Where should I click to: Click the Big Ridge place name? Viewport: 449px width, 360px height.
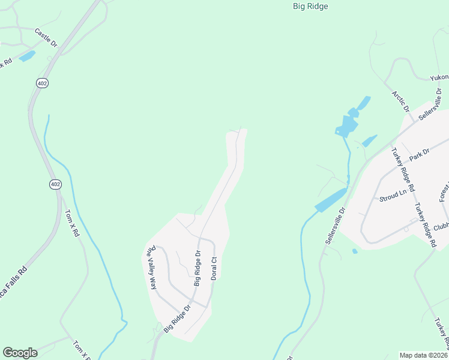(x=310, y=7)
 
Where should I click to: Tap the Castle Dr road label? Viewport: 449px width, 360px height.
(x=46, y=37)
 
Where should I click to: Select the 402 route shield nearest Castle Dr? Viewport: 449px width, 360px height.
(x=41, y=82)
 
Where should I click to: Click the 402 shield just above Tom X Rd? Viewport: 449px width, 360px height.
(x=55, y=184)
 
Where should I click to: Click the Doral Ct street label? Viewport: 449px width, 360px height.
(x=213, y=268)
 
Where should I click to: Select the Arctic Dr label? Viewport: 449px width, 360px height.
(x=400, y=101)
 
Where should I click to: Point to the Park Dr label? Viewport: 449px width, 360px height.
(x=420, y=155)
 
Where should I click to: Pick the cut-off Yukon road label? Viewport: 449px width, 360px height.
(x=439, y=78)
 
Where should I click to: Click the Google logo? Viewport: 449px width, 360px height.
(x=20, y=353)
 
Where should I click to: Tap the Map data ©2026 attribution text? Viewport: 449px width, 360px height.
(x=424, y=355)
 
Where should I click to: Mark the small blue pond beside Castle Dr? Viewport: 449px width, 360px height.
(x=27, y=56)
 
